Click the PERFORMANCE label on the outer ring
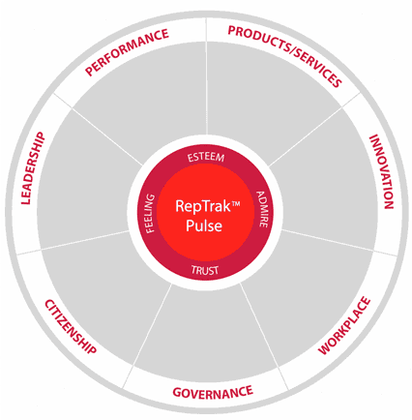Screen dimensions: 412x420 (x=127, y=52)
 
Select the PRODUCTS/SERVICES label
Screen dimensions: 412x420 (x=284, y=56)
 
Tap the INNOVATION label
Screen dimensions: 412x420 (x=381, y=171)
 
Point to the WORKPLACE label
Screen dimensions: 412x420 (x=344, y=325)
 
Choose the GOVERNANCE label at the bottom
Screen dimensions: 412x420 (x=213, y=392)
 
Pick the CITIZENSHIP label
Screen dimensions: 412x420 (x=71, y=326)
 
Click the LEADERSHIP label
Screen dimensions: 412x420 (x=33, y=168)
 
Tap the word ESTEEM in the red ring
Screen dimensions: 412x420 (x=206, y=158)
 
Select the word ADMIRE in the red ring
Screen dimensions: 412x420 (x=262, y=209)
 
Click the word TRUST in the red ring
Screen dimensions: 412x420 (x=205, y=270)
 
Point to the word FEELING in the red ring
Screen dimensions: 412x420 (x=150, y=213)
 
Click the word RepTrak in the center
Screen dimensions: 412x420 (x=203, y=206)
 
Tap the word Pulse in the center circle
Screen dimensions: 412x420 (x=204, y=225)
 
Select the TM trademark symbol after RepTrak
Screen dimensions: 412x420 (x=236, y=204)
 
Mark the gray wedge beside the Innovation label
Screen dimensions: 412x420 (x=326, y=181)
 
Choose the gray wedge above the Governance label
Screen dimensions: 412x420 (x=206, y=329)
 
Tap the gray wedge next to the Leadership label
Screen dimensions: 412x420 (x=87, y=181)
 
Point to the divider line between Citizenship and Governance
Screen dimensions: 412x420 (x=147, y=337)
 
